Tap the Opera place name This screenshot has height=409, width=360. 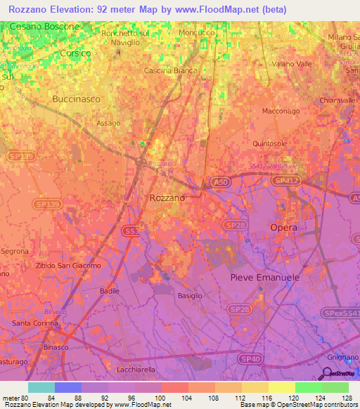284,228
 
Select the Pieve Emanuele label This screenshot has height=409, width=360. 265,278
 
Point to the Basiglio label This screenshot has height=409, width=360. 190,296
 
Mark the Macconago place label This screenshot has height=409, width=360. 281,111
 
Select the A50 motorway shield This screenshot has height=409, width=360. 219,181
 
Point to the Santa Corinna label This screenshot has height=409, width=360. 35,323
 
